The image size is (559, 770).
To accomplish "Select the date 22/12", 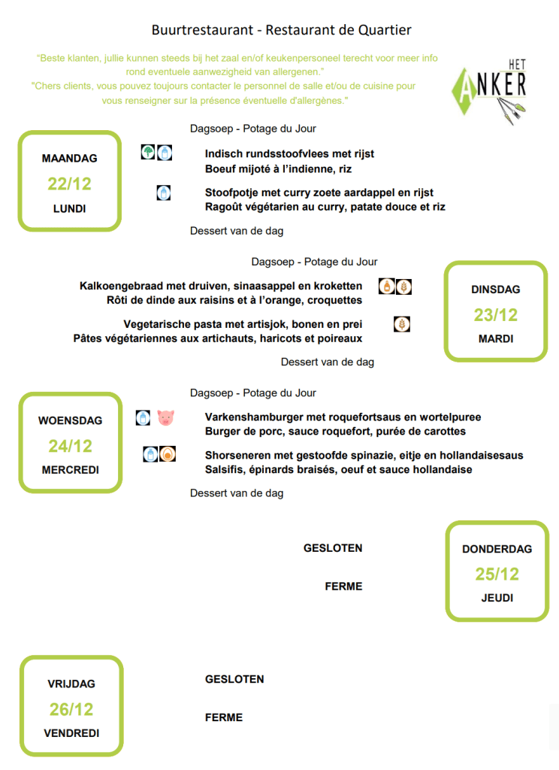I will (x=70, y=184).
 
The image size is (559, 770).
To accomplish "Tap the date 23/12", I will (x=496, y=315).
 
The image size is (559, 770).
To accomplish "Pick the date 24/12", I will (x=71, y=446).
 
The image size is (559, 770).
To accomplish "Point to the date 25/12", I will (x=497, y=574).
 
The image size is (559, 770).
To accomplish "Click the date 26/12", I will (x=71, y=709).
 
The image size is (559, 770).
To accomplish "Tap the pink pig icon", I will (x=165, y=417).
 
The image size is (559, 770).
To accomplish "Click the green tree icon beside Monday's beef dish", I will (x=148, y=153).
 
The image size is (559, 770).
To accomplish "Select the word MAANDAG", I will (x=70, y=159).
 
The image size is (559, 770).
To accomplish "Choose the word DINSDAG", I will (x=496, y=290).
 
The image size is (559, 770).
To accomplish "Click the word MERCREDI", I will (x=71, y=470).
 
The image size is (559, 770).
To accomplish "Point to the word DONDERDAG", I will (x=497, y=549).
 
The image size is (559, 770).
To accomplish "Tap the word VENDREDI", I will (x=71, y=733).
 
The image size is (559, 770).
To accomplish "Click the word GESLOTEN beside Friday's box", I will (x=234, y=679).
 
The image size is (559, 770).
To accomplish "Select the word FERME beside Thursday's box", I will (x=343, y=587).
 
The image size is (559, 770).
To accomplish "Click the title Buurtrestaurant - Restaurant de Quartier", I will (x=282, y=30).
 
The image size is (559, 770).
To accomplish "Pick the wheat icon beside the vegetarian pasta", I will (x=403, y=324).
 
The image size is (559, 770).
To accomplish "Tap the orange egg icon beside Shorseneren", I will (x=168, y=454).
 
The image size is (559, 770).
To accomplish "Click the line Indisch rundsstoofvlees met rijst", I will (x=289, y=154).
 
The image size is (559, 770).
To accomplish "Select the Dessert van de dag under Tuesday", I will (x=328, y=362).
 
